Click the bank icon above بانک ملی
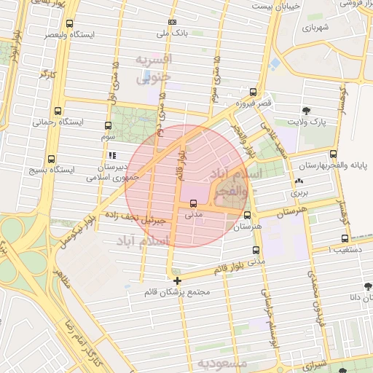[x=172, y=23]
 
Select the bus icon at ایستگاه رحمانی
[x=58, y=111]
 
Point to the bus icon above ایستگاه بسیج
[x=51, y=159]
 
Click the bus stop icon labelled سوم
[x=108, y=125]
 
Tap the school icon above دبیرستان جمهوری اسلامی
[x=111, y=155]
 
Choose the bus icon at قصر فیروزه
[x=253, y=93]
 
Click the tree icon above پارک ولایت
[x=306, y=112]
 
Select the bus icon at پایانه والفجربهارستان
[x=333, y=154]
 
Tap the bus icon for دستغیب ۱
[x=344, y=238]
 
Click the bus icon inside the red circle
[x=193, y=204]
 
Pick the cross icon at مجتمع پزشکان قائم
[x=177, y=280]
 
